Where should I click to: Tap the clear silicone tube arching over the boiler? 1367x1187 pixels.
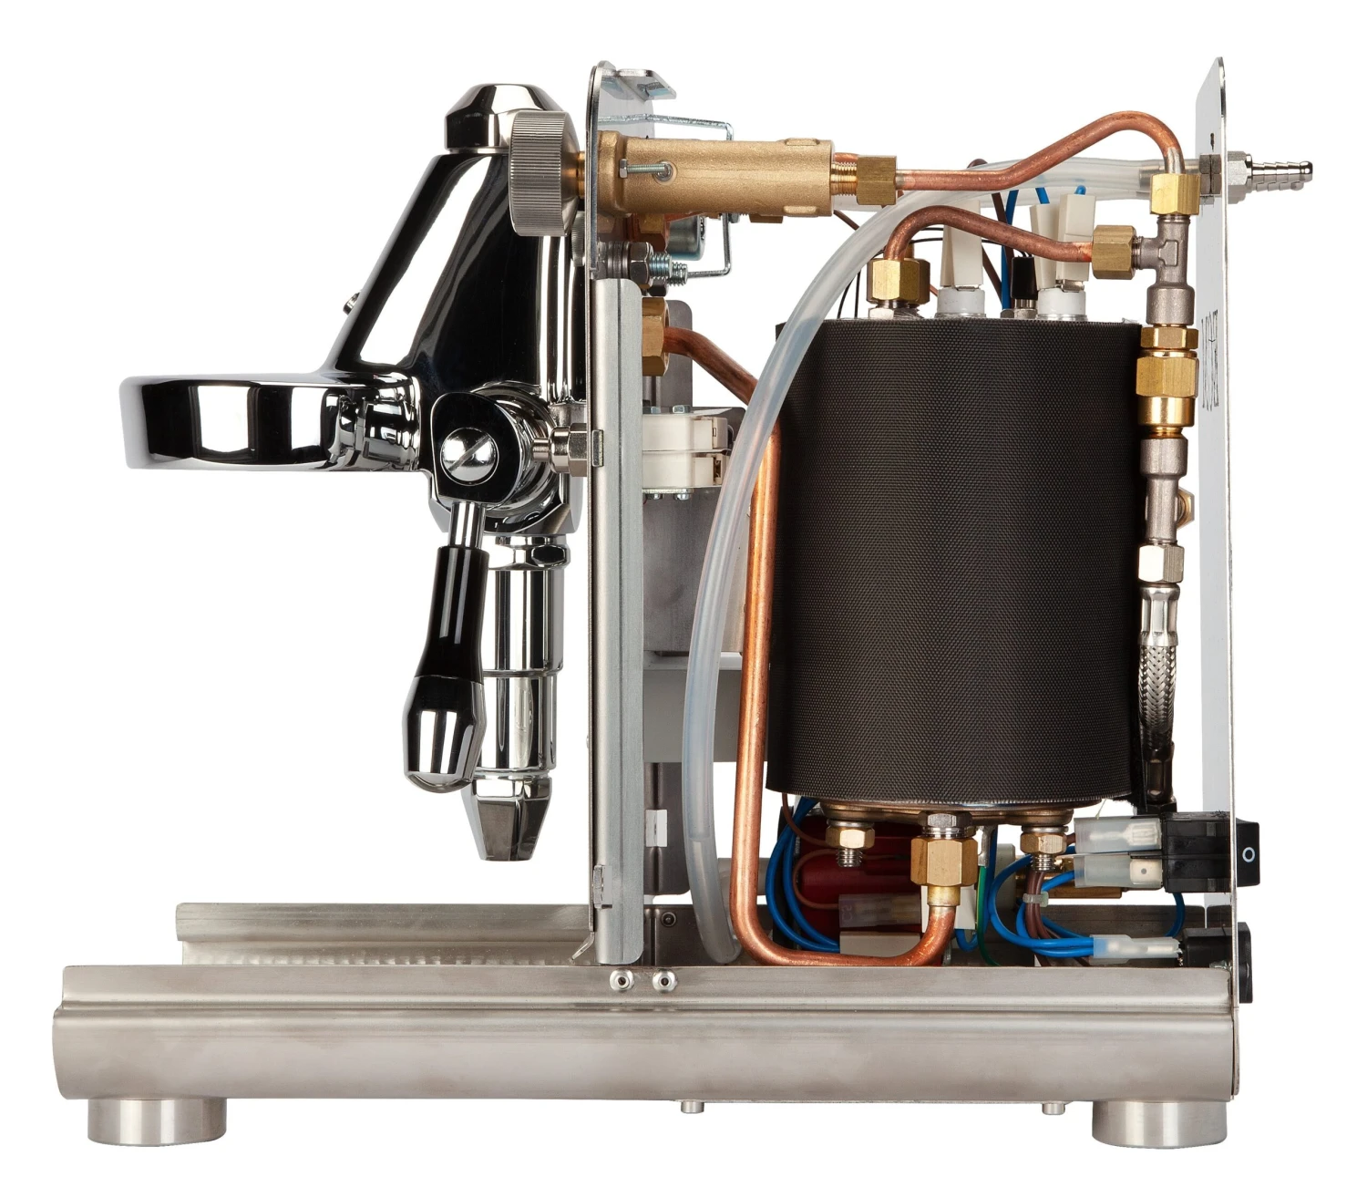802,274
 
